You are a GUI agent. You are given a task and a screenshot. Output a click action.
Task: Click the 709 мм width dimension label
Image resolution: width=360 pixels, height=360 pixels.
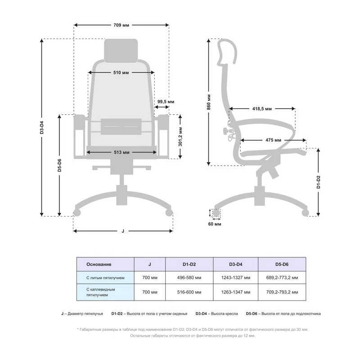tap(121, 25)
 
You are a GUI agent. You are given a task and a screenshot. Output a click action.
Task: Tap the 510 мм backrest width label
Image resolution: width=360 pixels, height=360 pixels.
tap(121, 72)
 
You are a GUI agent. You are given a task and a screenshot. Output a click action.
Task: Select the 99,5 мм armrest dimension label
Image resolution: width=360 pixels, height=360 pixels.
tap(166, 102)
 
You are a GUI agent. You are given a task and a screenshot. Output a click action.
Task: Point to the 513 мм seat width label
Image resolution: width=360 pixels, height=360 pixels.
tap(121, 152)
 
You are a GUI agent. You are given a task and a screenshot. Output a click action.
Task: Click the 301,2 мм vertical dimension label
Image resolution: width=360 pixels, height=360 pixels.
tap(180, 137)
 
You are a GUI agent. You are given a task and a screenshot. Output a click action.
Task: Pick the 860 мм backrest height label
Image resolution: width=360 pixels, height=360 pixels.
tap(209, 102)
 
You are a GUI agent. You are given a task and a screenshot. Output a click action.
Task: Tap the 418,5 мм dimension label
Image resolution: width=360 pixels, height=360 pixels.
tap(262, 108)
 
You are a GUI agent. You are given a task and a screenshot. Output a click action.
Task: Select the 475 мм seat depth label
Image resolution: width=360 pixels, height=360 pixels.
tap(273, 140)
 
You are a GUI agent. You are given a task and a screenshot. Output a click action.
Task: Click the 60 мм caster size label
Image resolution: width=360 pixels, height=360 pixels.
tap(215, 224)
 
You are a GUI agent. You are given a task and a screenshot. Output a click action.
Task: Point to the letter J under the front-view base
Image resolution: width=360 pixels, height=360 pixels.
tap(123, 231)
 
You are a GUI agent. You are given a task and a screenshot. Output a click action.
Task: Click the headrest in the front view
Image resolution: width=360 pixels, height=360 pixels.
tap(121, 51)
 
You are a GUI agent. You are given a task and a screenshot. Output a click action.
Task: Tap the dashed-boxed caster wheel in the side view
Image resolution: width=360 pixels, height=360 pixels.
tap(216, 213)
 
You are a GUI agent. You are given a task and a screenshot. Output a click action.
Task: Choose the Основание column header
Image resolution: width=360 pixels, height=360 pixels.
tap(99, 264)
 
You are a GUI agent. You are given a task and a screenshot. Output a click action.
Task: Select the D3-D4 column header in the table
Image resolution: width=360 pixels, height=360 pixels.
tap(235, 264)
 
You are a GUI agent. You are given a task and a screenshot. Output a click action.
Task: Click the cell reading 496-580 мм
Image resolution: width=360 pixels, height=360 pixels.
tap(189, 278)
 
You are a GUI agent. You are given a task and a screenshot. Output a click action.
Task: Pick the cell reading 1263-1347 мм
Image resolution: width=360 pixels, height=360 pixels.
tap(235, 292)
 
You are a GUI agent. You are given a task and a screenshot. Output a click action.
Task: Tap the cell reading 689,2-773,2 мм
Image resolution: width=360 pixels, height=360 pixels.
tap(282, 278)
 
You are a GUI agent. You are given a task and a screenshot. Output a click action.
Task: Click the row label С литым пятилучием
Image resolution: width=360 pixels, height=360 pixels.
tap(105, 278)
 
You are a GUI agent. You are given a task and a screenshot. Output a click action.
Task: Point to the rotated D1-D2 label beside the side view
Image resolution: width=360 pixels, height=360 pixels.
tap(318, 182)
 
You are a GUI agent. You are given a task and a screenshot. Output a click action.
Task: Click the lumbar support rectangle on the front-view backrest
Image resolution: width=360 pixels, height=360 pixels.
tap(121, 126)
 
